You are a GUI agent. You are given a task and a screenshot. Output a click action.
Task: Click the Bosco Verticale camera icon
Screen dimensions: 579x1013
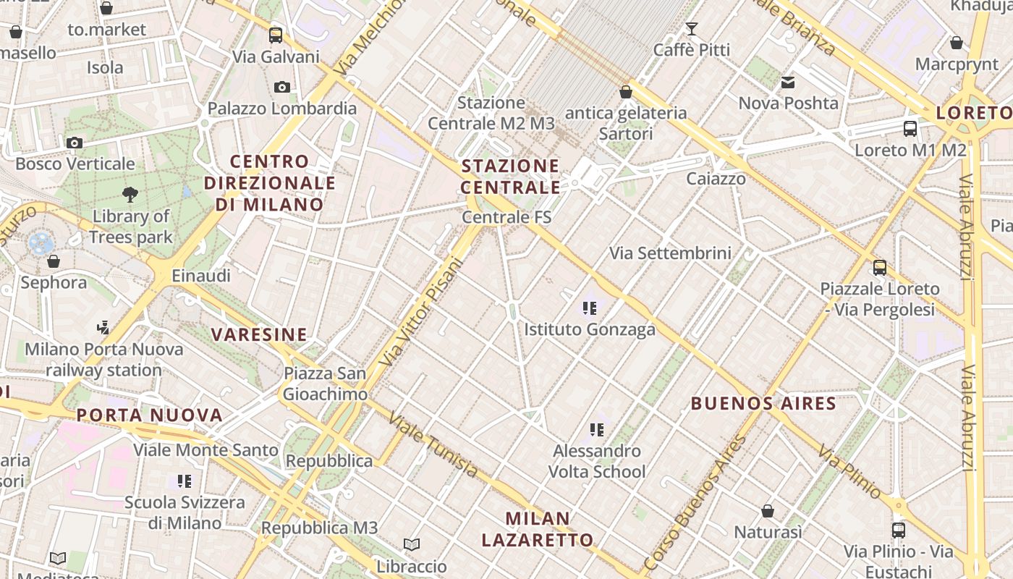[74, 143]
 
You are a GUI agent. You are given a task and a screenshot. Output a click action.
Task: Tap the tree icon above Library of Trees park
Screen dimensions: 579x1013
[130, 194]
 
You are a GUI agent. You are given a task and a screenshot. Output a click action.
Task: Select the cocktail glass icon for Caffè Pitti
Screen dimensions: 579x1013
[692, 29]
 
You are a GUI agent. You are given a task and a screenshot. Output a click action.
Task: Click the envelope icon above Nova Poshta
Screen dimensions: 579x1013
[788, 83]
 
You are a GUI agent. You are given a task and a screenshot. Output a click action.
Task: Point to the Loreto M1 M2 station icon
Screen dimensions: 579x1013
[910, 129]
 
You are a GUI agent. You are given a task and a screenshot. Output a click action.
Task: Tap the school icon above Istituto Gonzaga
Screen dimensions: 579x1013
[590, 308]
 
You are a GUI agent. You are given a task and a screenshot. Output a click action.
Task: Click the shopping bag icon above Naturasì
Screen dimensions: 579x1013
[768, 511]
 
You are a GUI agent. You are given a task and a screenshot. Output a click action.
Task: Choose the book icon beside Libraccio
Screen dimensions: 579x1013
[412, 544]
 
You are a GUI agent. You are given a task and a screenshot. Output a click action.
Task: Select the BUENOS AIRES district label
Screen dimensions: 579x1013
[763, 403]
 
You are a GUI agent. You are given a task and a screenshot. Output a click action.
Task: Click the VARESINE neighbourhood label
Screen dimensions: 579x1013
[260, 334]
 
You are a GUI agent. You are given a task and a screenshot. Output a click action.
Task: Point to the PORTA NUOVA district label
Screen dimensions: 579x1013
[150, 415]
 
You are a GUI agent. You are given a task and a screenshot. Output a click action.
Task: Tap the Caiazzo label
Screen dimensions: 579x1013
[716, 178]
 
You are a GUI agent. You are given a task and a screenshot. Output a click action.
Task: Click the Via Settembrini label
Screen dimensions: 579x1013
[670, 253]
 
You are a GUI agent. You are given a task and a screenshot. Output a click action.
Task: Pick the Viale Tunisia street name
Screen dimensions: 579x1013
[433, 444]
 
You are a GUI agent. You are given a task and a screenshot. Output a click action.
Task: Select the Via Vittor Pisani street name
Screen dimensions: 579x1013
[421, 311]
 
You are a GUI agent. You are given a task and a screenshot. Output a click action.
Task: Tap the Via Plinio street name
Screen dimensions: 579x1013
[849, 472]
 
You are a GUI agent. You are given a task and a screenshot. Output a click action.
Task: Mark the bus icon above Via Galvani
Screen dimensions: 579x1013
[276, 35]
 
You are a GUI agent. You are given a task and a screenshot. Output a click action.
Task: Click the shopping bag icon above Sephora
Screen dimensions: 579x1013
[53, 261]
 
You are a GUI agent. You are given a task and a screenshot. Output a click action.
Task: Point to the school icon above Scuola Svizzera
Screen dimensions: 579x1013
[185, 481]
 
